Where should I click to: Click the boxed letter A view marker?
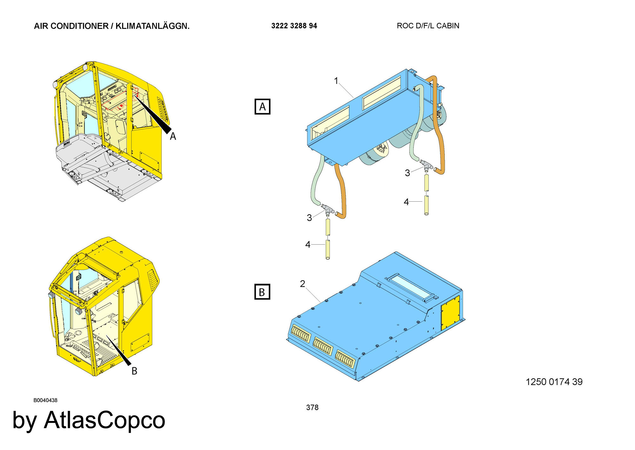coord(262,107)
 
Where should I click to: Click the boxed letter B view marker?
coord(262,292)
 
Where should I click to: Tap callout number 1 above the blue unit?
coord(336,81)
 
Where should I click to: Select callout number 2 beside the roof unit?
coord(303,284)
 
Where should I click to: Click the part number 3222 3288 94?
coord(294,26)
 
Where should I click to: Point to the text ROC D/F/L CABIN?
coord(428,26)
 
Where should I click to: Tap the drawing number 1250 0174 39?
coord(554,382)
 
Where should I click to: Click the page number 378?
coord(312,407)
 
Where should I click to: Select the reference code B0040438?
coord(45,400)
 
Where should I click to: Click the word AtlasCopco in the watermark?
coord(104,420)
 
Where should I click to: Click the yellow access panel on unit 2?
coord(450,313)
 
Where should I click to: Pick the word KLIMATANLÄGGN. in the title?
coord(152,26)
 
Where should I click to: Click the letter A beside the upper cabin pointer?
coord(173,136)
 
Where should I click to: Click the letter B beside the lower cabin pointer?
coord(134,371)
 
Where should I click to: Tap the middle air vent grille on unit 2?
coord(323,346)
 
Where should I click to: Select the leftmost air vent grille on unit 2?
coord(301,334)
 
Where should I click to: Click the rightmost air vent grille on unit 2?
coord(345,358)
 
